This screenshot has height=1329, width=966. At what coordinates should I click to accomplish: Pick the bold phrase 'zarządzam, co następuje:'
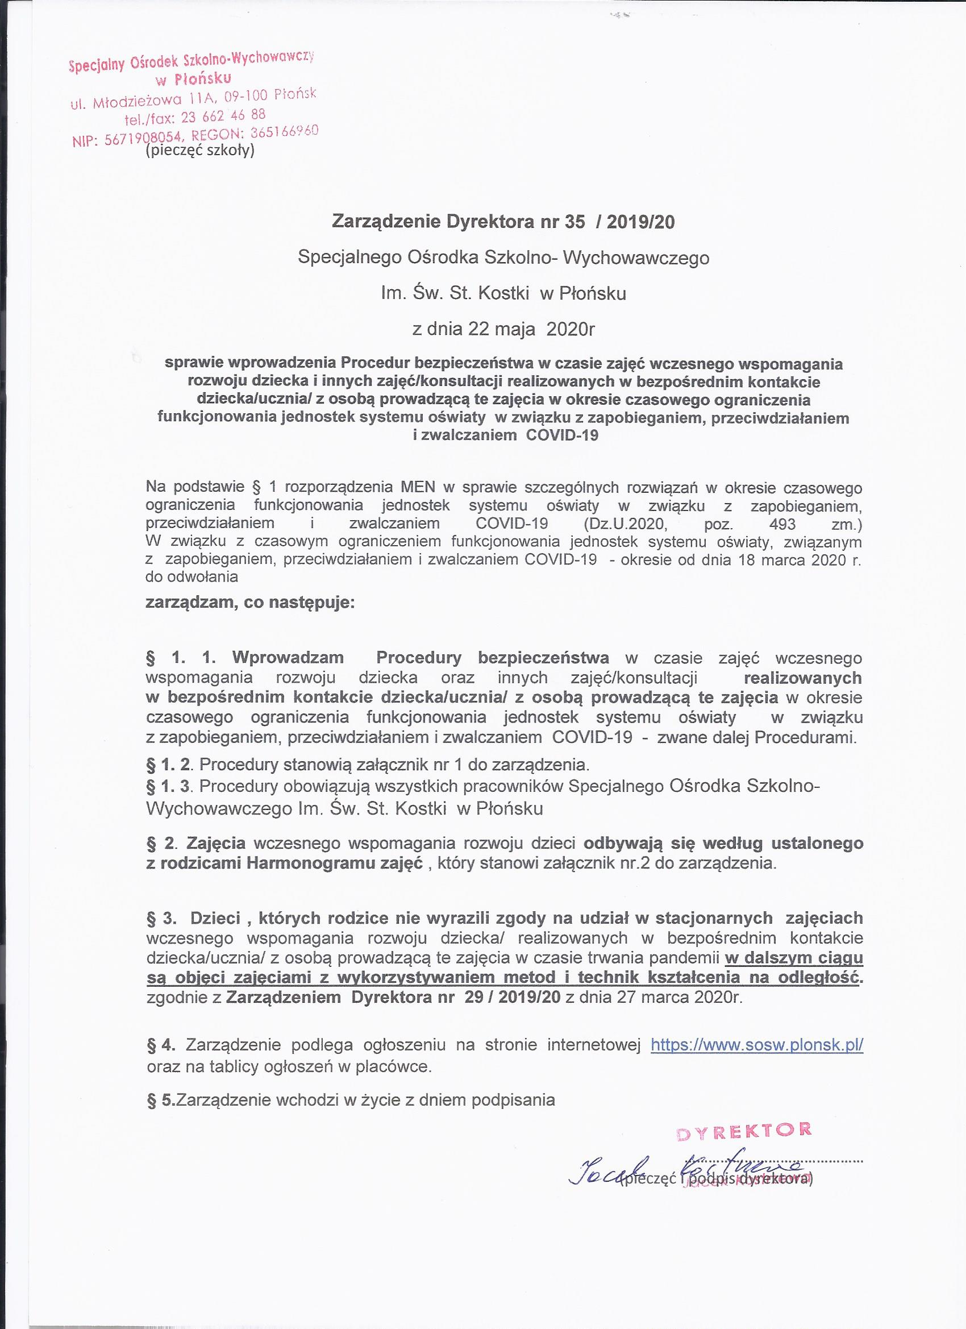(250, 603)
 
